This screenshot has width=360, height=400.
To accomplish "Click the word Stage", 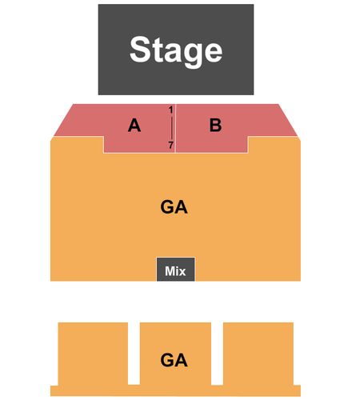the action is tap(176, 51).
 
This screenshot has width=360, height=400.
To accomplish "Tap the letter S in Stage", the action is tap(139, 50).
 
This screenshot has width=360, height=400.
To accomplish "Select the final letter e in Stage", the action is tap(214, 52).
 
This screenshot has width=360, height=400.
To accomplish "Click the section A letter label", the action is tap(134, 125).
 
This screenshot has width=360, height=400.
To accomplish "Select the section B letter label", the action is tap(215, 125).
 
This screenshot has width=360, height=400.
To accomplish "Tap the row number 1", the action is tap(171, 110).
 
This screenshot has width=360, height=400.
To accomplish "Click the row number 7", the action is tap(171, 146).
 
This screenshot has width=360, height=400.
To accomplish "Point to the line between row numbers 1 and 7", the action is tap(171, 127).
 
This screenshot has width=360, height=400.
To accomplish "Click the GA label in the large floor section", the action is tap(174, 207).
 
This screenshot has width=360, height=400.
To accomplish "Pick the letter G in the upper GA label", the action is tap(167, 207).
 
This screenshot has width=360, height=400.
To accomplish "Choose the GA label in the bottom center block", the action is tap(174, 360).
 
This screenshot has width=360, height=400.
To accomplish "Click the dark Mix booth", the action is tap(176, 269).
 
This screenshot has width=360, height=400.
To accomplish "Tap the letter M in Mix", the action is tap(170, 271).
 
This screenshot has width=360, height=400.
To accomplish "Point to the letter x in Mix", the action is tap(182, 272).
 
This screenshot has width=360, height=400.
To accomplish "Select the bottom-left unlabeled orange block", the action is tap(93, 354).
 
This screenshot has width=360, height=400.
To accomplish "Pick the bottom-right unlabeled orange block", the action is tap(258, 354).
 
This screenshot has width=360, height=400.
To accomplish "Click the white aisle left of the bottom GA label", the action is tap(134, 354).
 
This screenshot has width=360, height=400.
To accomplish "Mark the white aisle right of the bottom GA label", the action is tap(218, 354).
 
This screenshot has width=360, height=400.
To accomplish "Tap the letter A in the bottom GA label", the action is tap(182, 360).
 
